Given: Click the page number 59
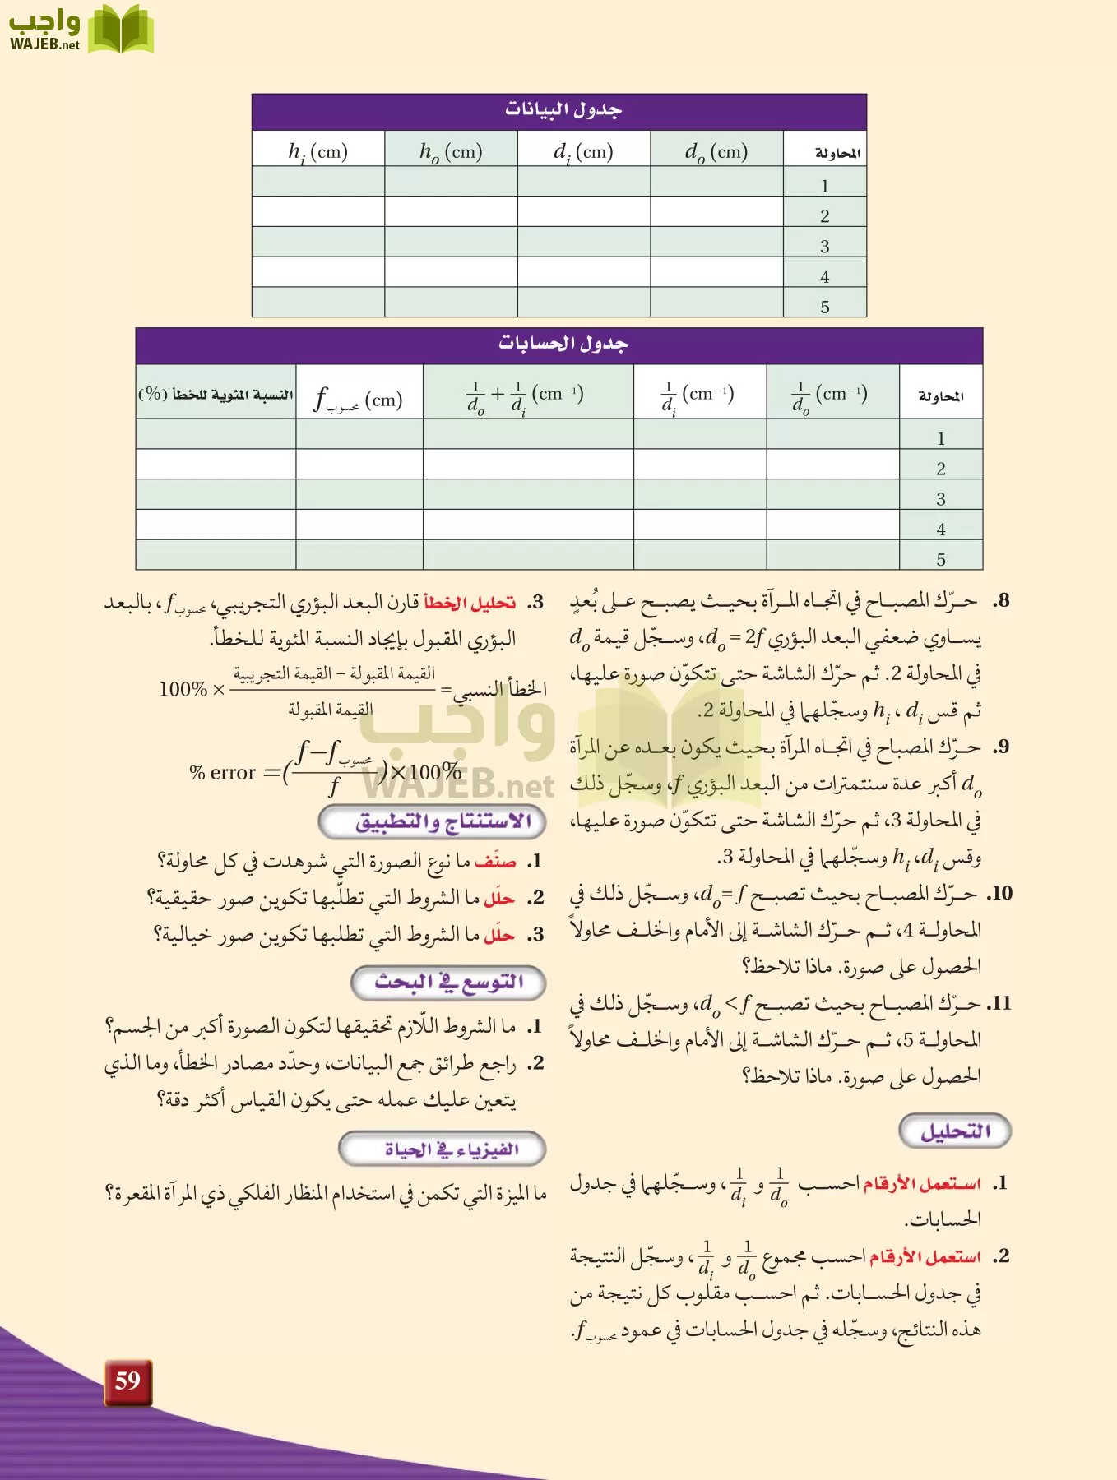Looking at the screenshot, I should [127, 1381].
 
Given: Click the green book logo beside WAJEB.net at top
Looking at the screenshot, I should [120, 30].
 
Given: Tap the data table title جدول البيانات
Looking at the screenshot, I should [563, 109].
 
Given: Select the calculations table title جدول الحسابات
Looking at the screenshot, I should [563, 344].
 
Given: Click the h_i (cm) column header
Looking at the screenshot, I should [317, 151].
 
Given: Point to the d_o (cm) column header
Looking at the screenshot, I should [716, 151].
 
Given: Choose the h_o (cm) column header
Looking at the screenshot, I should [450, 151].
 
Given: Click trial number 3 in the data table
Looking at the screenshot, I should [824, 247].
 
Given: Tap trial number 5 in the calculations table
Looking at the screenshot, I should [940, 560].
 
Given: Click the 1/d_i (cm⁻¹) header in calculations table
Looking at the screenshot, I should [698, 395].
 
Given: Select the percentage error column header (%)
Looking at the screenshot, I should [216, 395].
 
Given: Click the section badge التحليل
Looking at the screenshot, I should [954, 1131].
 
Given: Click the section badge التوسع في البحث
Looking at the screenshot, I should [448, 982].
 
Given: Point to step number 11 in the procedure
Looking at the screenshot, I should [999, 1003].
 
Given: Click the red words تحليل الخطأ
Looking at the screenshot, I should [470, 603].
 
